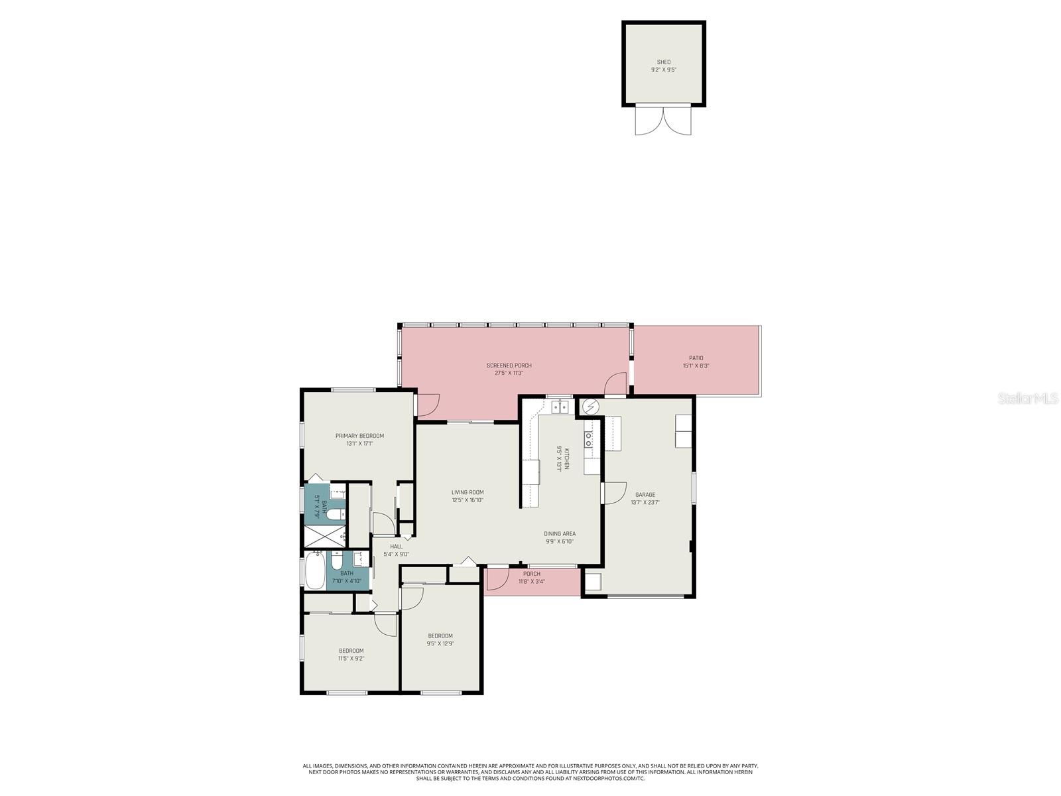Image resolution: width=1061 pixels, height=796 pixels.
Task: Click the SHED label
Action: coord(663,62)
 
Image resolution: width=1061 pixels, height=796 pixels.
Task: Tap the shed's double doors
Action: coord(663,121)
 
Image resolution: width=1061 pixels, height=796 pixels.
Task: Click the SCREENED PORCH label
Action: coord(509,365)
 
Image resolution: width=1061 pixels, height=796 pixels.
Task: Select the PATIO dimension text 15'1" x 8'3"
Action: coord(696,365)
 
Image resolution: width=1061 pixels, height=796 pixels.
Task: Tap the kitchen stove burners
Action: coord(588,438)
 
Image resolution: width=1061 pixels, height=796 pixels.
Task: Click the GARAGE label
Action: coord(645,494)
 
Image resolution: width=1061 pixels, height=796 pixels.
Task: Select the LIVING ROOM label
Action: coord(468,492)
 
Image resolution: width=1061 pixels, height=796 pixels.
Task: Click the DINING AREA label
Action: coord(559,533)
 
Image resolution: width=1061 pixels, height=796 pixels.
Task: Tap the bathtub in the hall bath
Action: coord(314,570)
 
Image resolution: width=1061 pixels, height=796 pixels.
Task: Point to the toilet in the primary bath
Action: coord(334,513)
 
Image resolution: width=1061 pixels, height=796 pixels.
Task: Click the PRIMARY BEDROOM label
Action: coord(359,436)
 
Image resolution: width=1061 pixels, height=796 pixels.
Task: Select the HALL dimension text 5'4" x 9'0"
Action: coord(396,555)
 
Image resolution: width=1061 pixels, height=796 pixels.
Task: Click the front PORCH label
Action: coord(531,574)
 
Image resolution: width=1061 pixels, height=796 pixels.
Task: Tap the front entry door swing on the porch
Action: coord(497,578)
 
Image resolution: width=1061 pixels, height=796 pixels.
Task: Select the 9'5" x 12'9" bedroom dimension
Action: coord(440,643)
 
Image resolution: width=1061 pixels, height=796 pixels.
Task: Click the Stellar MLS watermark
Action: coord(1027,398)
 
